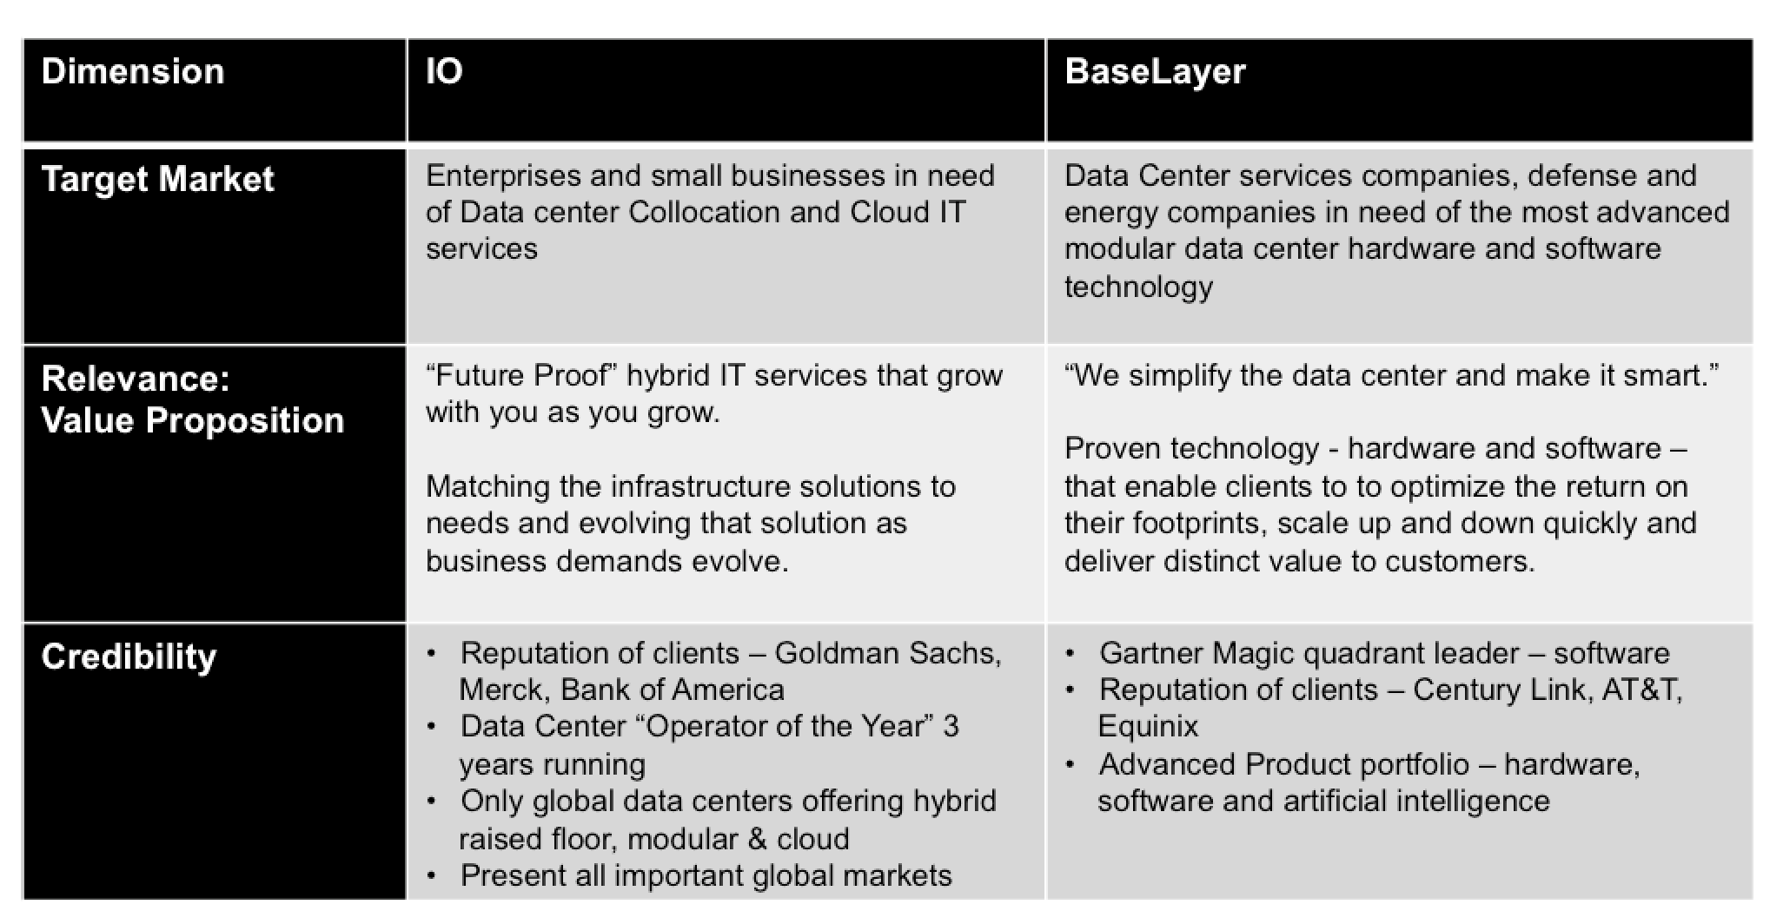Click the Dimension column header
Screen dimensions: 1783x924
click(133, 71)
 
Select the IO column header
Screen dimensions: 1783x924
click(444, 71)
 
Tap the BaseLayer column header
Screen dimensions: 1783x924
click(1155, 73)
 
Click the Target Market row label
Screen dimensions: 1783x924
click(157, 180)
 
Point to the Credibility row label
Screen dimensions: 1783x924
click(129, 657)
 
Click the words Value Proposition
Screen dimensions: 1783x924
click(193, 421)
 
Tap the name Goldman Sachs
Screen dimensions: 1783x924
click(888, 654)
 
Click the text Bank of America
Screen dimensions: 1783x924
click(673, 690)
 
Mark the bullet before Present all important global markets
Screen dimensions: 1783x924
click(432, 875)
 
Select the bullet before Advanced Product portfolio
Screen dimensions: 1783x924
click(1070, 764)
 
